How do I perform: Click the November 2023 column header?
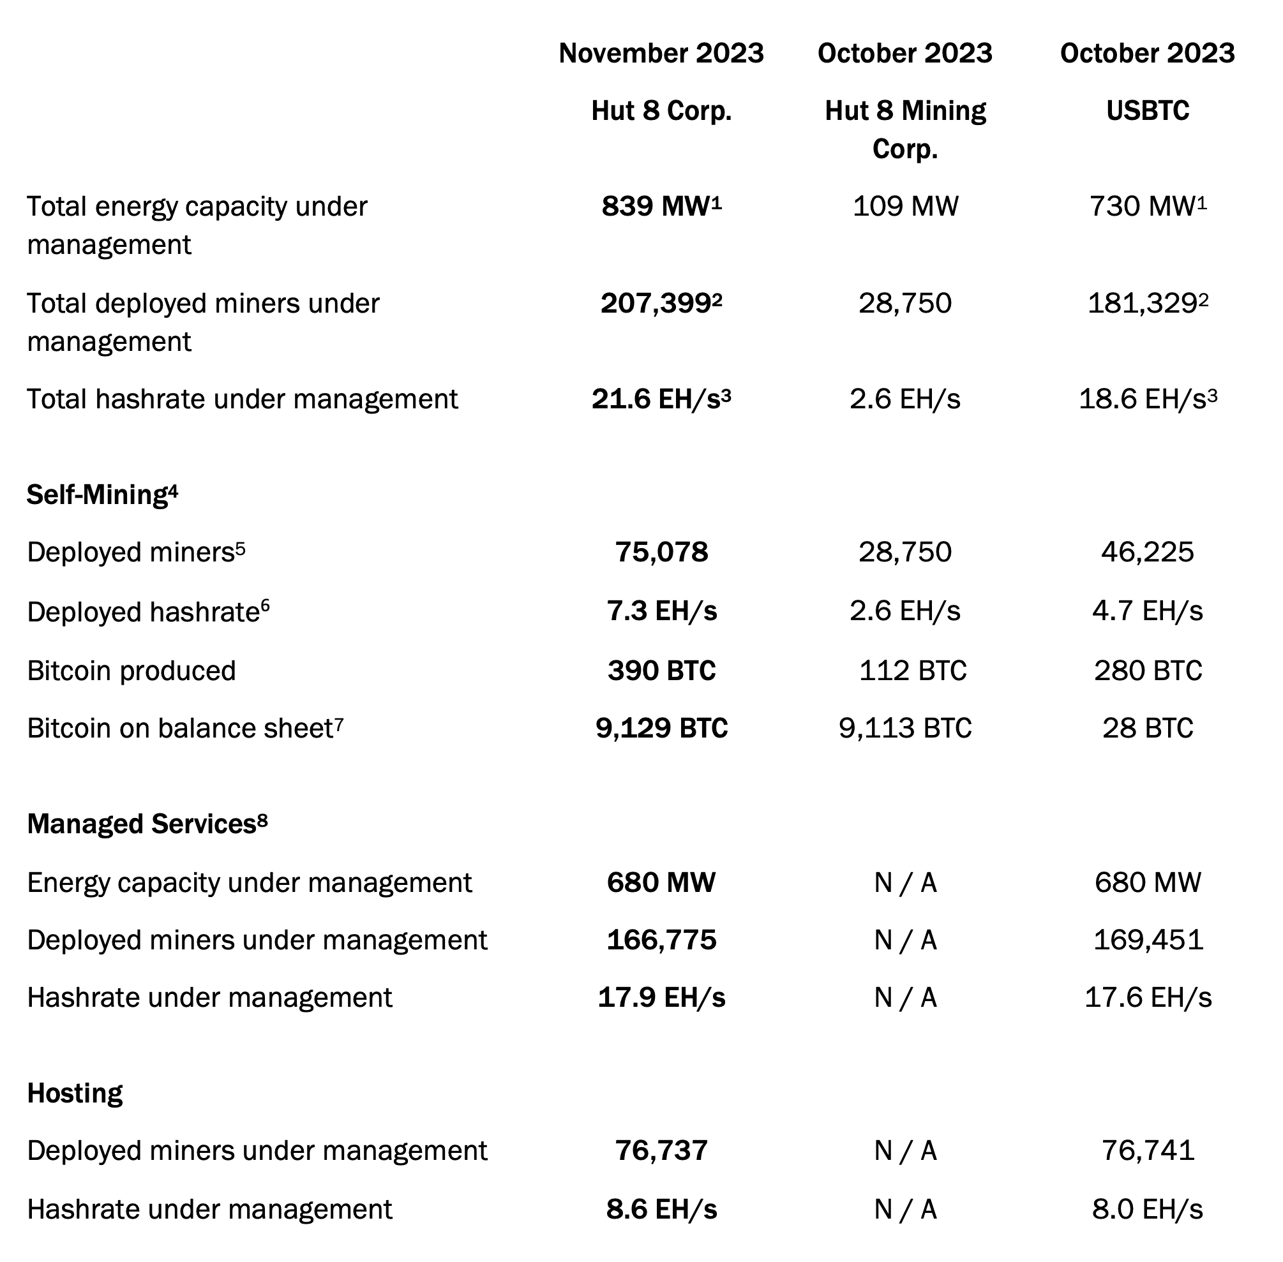click(661, 53)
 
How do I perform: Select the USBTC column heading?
click(1147, 110)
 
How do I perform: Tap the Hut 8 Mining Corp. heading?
click(905, 130)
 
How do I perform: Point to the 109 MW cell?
click(905, 206)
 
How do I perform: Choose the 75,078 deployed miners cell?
click(661, 551)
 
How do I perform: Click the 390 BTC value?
click(661, 670)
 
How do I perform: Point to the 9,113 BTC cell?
click(905, 728)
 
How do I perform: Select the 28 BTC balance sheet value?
click(1148, 728)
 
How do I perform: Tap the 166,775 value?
click(661, 940)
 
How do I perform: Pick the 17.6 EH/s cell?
click(1148, 997)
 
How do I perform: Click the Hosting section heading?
click(75, 1093)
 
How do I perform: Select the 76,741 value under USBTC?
click(1148, 1150)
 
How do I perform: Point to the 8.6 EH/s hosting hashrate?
click(661, 1209)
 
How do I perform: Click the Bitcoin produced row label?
click(131, 670)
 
